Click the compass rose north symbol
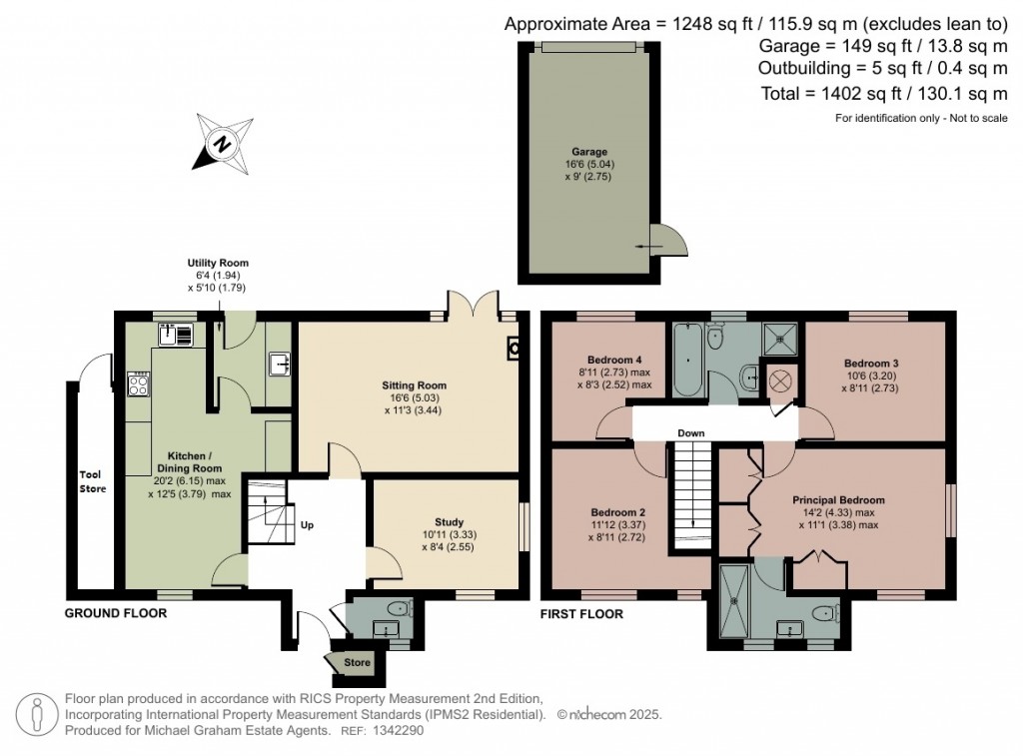(x=223, y=144)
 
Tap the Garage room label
(x=589, y=152)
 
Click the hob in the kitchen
(x=139, y=383)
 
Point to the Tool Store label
(x=93, y=481)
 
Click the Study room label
(x=449, y=522)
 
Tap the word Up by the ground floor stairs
(x=307, y=524)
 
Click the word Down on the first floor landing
(x=691, y=433)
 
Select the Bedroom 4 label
(x=614, y=360)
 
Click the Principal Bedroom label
(x=838, y=500)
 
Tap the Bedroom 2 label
(x=618, y=512)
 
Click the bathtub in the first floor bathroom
(x=687, y=361)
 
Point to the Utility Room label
(x=218, y=263)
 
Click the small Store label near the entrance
(x=357, y=662)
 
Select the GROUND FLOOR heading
(x=116, y=613)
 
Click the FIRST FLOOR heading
(x=581, y=614)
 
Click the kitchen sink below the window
(x=176, y=335)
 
